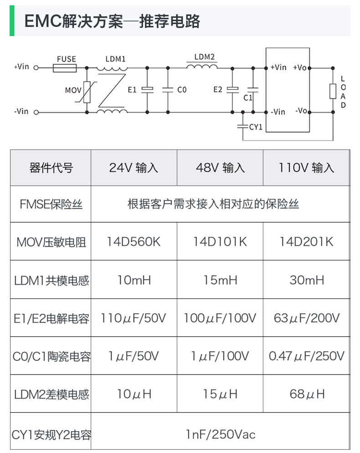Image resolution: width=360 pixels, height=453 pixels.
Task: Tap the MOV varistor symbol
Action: (x=87, y=90)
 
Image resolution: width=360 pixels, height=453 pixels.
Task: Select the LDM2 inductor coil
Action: (x=201, y=67)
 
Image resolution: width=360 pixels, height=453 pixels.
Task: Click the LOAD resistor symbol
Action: (x=333, y=90)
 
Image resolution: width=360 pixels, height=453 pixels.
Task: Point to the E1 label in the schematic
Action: (x=132, y=90)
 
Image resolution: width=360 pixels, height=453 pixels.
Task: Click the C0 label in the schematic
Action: (x=181, y=90)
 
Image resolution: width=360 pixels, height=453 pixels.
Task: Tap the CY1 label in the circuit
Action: (x=256, y=127)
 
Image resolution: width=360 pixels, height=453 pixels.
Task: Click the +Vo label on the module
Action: (x=300, y=68)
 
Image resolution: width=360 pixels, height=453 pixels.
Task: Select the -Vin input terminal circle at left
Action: (x=36, y=112)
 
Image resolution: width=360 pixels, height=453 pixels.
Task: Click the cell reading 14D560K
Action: (x=134, y=241)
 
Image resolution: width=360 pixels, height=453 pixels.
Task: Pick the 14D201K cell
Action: (x=306, y=241)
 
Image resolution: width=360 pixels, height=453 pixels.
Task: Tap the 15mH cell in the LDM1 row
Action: (x=220, y=280)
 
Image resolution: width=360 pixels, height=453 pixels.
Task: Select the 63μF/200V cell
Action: (x=306, y=318)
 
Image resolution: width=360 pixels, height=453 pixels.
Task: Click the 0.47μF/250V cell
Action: (x=306, y=356)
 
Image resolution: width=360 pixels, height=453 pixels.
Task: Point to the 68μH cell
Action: (x=306, y=394)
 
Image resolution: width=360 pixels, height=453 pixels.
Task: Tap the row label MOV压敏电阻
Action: (x=51, y=242)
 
